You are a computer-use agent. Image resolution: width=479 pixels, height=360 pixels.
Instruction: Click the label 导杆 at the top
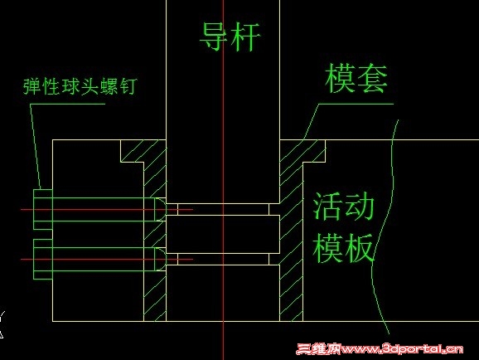(230, 36)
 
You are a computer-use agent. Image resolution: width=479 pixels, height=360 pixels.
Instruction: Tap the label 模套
(356, 78)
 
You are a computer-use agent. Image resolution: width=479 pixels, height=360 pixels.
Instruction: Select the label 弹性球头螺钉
(80, 86)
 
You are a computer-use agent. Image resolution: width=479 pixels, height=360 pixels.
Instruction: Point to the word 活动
(344, 207)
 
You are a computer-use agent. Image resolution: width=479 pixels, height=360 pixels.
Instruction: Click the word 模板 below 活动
(343, 248)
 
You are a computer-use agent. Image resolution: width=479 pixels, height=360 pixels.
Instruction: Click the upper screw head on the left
(43, 210)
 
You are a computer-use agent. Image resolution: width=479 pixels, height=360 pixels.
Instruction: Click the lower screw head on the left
(43, 259)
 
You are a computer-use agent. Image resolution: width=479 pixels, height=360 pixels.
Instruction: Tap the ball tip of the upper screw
(160, 210)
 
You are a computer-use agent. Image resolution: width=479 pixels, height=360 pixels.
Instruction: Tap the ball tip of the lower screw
(160, 259)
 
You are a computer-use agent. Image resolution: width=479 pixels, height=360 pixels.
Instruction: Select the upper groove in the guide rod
(223, 209)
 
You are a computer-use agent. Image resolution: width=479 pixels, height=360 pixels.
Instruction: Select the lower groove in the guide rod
(223, 259)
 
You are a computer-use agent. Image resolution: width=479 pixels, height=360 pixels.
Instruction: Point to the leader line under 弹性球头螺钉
(36, 146)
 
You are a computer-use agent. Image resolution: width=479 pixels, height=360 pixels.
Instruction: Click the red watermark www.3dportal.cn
(380, 349)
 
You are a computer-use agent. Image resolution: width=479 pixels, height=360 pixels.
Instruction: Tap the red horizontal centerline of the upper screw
(107, 210)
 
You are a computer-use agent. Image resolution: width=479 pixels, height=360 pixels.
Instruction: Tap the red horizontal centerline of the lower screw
(107, 260)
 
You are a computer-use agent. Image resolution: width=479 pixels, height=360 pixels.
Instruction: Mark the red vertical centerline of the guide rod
(223, 180)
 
